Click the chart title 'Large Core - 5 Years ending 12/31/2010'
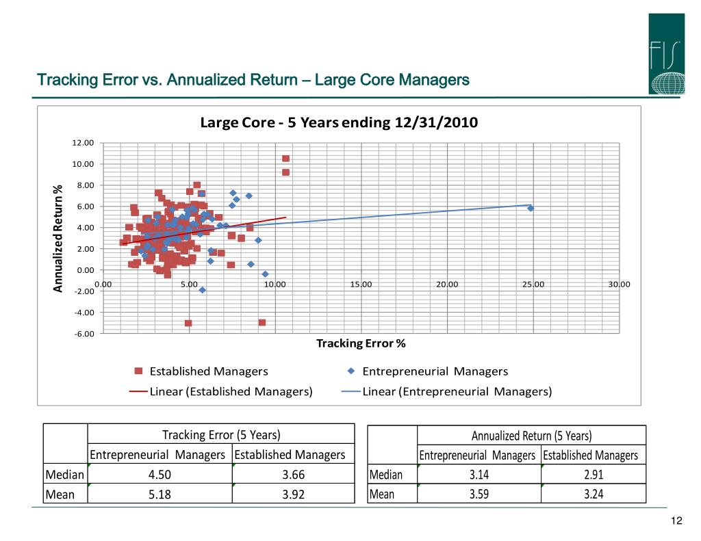[x=338, y=123]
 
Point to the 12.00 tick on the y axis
[x=84, y=143]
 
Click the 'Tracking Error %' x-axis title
[x=361, y=343]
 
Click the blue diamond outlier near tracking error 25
[x=531, y=208]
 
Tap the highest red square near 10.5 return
[x=285, y=159]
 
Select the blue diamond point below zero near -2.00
[x=203, y=290]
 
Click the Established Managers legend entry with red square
[x=201, y=371]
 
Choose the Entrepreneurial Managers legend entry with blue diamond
[x=428, y=371]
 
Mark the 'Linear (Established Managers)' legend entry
[x=222, y=392]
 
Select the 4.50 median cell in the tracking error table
[x=160, y=475]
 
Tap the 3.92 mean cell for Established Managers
[x=294, y=494]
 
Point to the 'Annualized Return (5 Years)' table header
[x=531, y=436]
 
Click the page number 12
[x=677, y=522]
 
